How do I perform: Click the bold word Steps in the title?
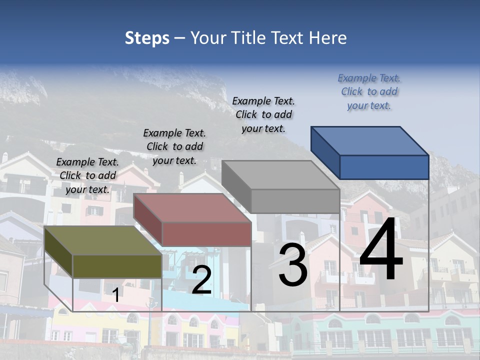(147, 38)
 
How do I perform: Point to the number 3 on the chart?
(292, 265)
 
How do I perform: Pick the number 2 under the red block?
(201, 280)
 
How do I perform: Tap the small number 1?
(115, 295)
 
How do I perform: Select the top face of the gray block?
(280, 175)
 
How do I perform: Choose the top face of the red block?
(192, 208)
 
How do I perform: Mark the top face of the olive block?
(103, 240)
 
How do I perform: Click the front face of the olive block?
(117, 266)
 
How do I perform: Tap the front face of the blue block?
(384, 167)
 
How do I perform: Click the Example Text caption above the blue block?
(369, 91)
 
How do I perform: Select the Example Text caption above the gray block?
(263, 114)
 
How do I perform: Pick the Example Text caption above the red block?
(174, 146)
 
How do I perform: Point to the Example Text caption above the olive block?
(87, 175)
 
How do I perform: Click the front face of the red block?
(206, 234)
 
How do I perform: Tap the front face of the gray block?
(295, 201)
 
